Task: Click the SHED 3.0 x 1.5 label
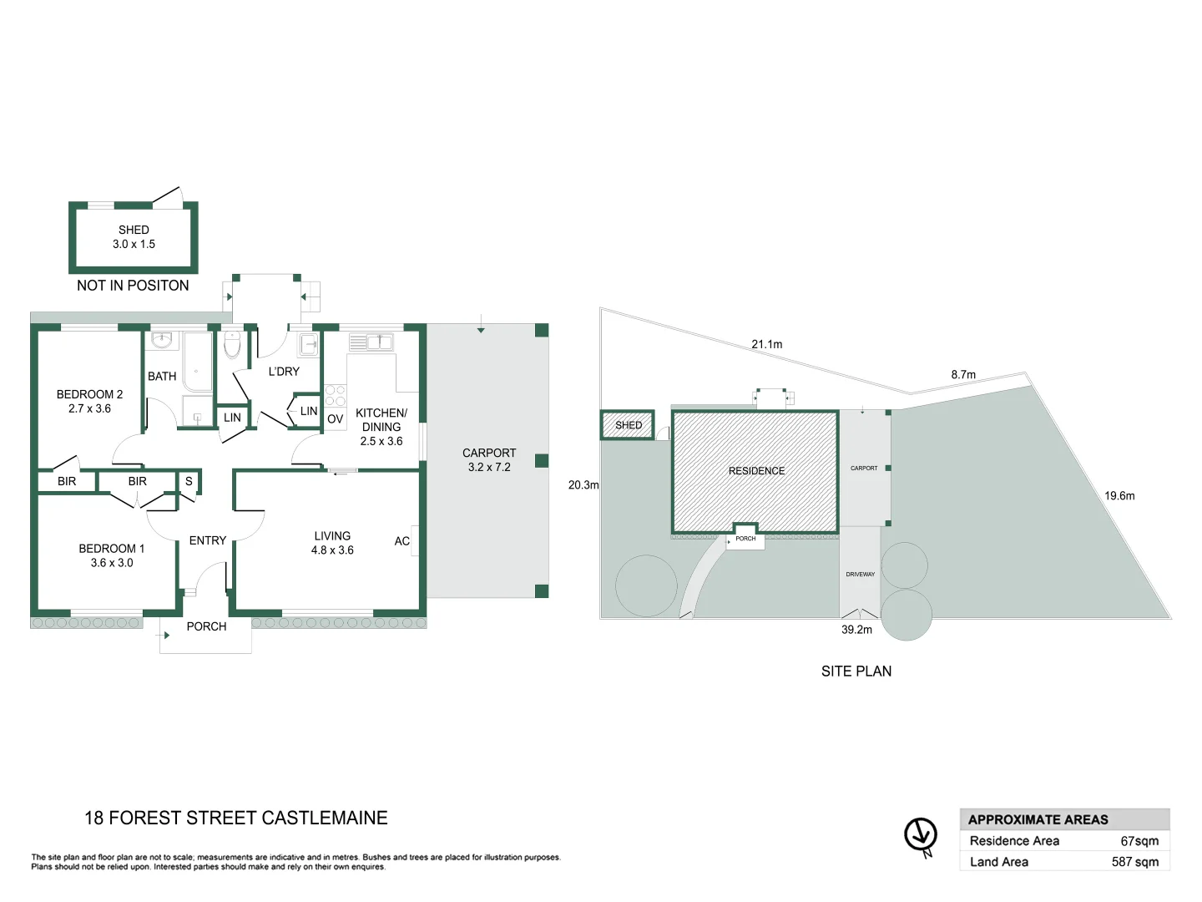point(134,237)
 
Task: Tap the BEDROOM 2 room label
point(89,401)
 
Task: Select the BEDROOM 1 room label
point(112,555)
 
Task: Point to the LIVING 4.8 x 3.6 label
point(332,543)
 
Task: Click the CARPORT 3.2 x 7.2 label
point(489,460)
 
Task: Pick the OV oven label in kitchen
point(336,419)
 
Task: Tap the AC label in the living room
point(402,541)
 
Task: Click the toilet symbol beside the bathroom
point(232,343)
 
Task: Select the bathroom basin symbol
point(162,340)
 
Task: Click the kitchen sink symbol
point(380,342)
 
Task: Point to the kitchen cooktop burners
point(336,396)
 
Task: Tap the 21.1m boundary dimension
point(766,344)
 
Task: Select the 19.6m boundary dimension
point(1119,496)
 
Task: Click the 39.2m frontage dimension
point(856,630)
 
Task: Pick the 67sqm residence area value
point(1139,841)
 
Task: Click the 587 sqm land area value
point(1134,862)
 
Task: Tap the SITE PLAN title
point(856,671)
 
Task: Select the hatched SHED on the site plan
point(628,425)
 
